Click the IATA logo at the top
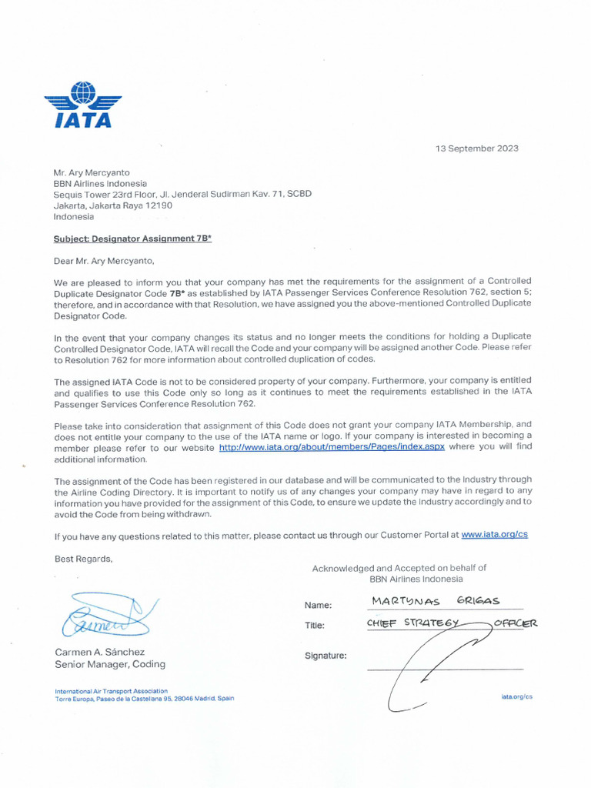[x=83, y=105]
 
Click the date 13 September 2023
[x=477, y=149]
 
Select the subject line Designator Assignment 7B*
[x=132, y=239]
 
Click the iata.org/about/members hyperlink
[x=332, y=447]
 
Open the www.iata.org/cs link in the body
[x=494, y=535]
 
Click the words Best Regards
[x=83, y=558]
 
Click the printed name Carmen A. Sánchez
[x=99, y=652]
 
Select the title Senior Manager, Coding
[x=109, y=664]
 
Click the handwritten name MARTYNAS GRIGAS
[x=436, y=600]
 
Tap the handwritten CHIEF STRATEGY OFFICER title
[x=452, y=623]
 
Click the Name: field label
[x=318, y=606]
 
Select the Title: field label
[x=315, y=626]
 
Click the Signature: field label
[x=326, y=656]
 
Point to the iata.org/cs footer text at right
[x=516, y=696]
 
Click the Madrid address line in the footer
[x=144, y=699]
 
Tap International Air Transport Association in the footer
[x=111, y=691]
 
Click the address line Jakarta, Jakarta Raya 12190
[x=112, y=205]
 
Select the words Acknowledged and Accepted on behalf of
[x=399, y=568]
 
